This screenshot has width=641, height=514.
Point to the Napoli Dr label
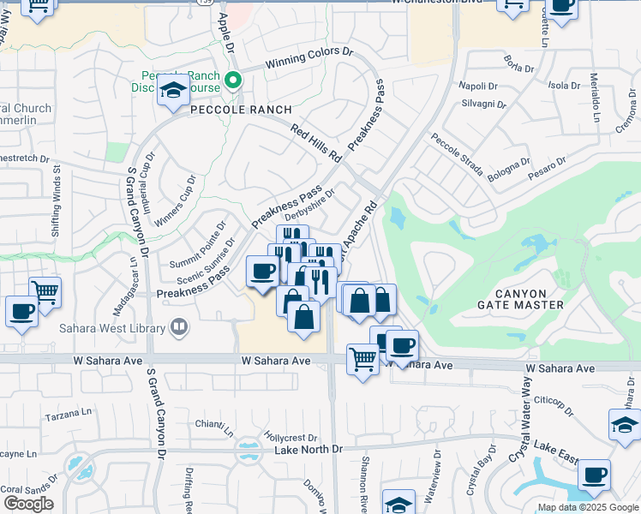(478, 86)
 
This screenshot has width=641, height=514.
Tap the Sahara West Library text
(113, 326)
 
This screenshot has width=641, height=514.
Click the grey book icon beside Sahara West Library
(179, 326)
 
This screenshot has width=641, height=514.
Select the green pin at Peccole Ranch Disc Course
(232, 82)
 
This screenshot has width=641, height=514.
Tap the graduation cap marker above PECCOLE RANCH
(173, 91)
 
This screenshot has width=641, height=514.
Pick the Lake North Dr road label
(308, 450)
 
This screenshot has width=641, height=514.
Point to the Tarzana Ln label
(69, 412)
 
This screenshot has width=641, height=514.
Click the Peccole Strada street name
(456, 154)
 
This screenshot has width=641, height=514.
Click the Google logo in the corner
(28, 504)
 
